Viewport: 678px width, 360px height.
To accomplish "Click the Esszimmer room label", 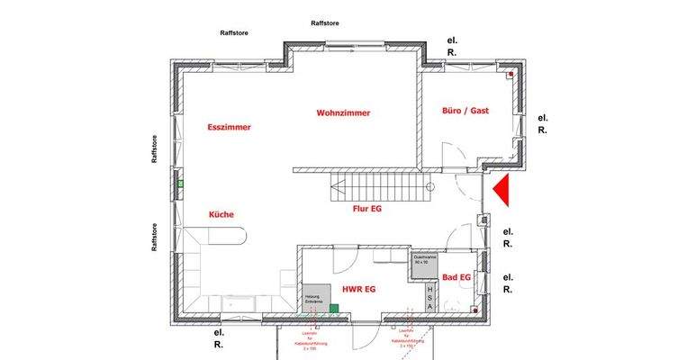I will [228, 127].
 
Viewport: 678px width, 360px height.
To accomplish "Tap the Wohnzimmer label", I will [343, 113].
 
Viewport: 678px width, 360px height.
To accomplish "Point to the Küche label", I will [221, 214].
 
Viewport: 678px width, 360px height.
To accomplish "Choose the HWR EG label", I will [357, 289].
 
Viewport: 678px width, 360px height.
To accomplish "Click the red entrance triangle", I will [502, 190].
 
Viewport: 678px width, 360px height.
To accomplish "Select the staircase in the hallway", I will [378, 188].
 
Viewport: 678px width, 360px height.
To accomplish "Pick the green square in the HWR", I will [333, 309].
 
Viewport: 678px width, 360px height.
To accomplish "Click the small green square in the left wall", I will [180, 184].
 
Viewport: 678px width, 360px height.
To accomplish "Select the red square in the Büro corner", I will [510, 75].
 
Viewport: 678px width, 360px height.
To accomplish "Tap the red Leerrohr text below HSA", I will [401, 339].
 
